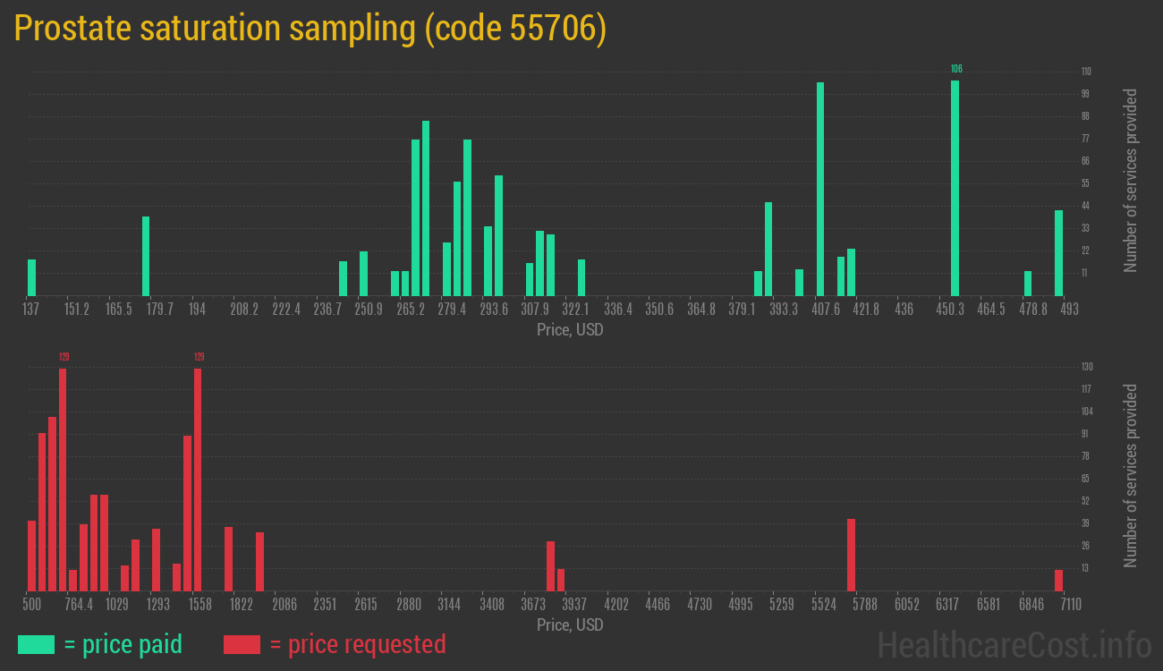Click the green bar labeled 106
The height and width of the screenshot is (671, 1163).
coord(955,188)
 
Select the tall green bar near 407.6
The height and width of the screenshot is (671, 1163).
coord(820,189)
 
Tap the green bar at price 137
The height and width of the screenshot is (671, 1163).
coord(32,277)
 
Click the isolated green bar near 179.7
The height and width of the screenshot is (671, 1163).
coord(146,256)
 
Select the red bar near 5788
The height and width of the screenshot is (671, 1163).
coord(851,555)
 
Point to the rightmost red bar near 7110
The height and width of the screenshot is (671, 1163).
coord(1058,580)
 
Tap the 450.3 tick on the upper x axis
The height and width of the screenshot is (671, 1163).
coord(950,310)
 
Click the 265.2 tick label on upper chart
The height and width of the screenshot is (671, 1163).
coord(412,310)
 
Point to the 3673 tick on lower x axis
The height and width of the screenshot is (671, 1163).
coord(534,605)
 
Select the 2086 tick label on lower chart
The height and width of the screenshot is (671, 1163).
coord(284,605)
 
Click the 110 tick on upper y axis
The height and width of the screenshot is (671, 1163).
coord(1085,72)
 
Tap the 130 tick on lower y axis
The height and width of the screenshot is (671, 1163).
coord(1086,367)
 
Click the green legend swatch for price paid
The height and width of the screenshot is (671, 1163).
coord(36,644)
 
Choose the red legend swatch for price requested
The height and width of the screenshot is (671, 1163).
coord(242,644)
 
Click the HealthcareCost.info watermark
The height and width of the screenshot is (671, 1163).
coord(1014,644)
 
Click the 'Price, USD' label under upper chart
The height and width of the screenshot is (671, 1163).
coord(570,330)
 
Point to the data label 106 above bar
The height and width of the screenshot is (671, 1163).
coord(956,69)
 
